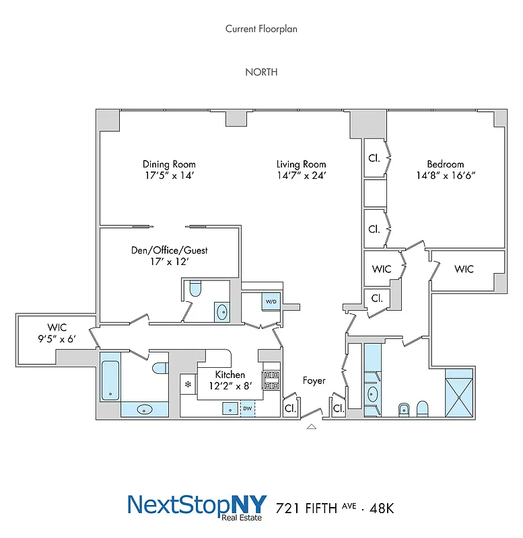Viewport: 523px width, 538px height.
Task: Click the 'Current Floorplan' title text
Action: [x=261, y=29]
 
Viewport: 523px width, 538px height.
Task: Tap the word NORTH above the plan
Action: [x=261, y=72]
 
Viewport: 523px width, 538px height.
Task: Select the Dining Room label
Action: [x=169, y=164]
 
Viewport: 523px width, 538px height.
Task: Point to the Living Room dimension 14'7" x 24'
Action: [x=302, y=176]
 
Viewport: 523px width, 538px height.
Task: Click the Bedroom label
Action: [x=445, y=163]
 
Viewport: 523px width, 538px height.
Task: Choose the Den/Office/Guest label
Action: [x=169, y=250]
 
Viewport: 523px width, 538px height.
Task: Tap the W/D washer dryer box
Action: [x=272, y=302]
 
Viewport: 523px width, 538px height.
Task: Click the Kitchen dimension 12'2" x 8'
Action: [x=230, y=386]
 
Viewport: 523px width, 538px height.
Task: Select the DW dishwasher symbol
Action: [x=247, y=408]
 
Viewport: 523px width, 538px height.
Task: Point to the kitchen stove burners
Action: [x=271, y=381]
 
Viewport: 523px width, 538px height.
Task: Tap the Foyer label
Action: [x=314, y=381]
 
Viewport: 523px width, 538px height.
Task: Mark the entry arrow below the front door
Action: [x=310, y=426]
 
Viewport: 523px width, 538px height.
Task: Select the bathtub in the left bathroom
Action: [x=110, y=380]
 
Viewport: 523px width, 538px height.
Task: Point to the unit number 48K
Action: [x=379, y=508]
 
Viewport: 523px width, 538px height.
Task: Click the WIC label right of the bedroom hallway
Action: [x=464, y=269]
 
